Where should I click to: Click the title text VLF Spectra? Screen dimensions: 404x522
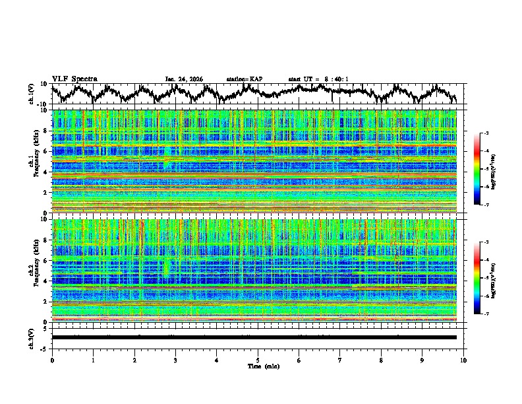(x=74, y=79)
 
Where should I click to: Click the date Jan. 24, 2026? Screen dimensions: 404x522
(x=184, y=79)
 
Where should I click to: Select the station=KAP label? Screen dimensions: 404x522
(x=244, y=79)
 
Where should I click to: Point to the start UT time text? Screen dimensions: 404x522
(x=318, y=79)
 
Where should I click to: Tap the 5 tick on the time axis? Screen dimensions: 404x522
(x=258, y=360)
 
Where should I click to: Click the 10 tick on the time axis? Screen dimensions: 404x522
(x=463, y=360)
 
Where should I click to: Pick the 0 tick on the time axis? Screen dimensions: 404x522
(x=52, y=360)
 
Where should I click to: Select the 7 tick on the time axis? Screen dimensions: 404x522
(x=340, y=360)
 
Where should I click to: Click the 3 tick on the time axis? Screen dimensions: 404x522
(x=175, y=360)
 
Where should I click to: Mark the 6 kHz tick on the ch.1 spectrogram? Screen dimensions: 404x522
(x=46, y=151)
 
